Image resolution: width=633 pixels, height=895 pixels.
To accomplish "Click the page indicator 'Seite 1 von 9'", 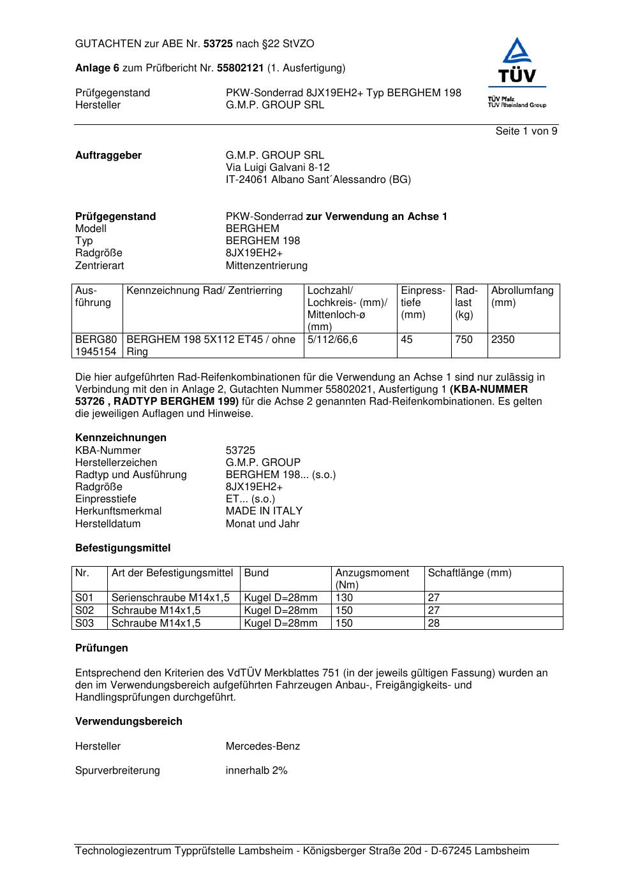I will [x=526, y=131].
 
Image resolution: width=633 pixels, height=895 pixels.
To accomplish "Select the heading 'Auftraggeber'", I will [x=108, y=156].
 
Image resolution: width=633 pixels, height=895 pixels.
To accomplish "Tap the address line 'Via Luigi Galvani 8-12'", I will [x=278, y=168].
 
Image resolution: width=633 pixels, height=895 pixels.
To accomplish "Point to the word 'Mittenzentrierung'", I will [x=266, y=266].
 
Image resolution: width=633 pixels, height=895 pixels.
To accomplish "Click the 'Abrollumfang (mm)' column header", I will [x=522, y=296].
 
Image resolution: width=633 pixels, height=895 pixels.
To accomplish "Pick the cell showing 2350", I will [x=503, y=340].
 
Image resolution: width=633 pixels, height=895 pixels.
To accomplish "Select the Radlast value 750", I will [x=464, y=340].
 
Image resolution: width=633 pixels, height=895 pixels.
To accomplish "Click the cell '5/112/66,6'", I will [x=332, y=340].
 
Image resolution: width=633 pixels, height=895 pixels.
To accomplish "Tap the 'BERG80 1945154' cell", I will [x=96, y=346].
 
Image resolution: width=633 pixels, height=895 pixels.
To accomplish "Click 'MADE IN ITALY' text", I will [x=264, y=511].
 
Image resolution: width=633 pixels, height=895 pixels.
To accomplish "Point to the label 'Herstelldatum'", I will [x=108, y=524].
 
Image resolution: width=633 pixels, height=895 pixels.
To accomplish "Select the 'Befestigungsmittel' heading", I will [x=123, y=548].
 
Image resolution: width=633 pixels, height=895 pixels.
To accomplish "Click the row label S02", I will [x=84, y=611].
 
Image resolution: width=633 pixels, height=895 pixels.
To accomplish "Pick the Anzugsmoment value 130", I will [x=344, y=598].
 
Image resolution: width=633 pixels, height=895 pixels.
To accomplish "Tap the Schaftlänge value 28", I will [x=434, y=623].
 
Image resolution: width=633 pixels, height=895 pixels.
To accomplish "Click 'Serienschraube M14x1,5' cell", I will [x=170, y=598].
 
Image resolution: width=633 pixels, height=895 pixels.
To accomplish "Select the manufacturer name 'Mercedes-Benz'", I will [x=262, y=746].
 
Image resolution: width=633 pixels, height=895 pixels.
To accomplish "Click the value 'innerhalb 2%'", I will [x=257, y=771].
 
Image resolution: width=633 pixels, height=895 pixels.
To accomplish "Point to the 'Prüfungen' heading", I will [x=101, y=648].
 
